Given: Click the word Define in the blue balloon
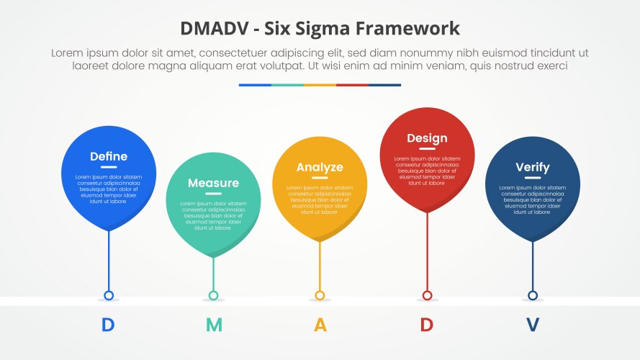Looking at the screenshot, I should tap(108, 156).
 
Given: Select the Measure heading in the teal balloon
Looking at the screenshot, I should tap(213, 183).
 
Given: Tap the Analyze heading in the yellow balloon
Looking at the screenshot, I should tap(320, 167).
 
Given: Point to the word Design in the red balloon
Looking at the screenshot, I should tap(427, 138).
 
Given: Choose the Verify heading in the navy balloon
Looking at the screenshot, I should tap(532, 167).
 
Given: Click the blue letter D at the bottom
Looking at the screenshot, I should tap(108, 325).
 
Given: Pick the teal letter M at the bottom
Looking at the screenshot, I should tap(214, 325).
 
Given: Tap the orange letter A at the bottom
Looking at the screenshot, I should tap(320, 325).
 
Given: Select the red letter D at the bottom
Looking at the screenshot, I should tap(426, 325).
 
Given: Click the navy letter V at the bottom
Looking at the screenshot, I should tap(532, 325).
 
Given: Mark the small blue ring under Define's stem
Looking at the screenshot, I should tap(109, 295).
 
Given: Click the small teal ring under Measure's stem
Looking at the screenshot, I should tap(214, 295).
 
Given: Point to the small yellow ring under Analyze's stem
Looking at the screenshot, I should tap(320, 295).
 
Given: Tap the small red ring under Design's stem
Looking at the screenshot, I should tap(427, 295).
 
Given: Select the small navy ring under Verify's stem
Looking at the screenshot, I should tap(533, 295).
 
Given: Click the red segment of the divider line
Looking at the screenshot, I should tap(352, 85).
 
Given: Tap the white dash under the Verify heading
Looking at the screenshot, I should tap(532, 178).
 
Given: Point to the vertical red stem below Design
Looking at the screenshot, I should tap(427, 252).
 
